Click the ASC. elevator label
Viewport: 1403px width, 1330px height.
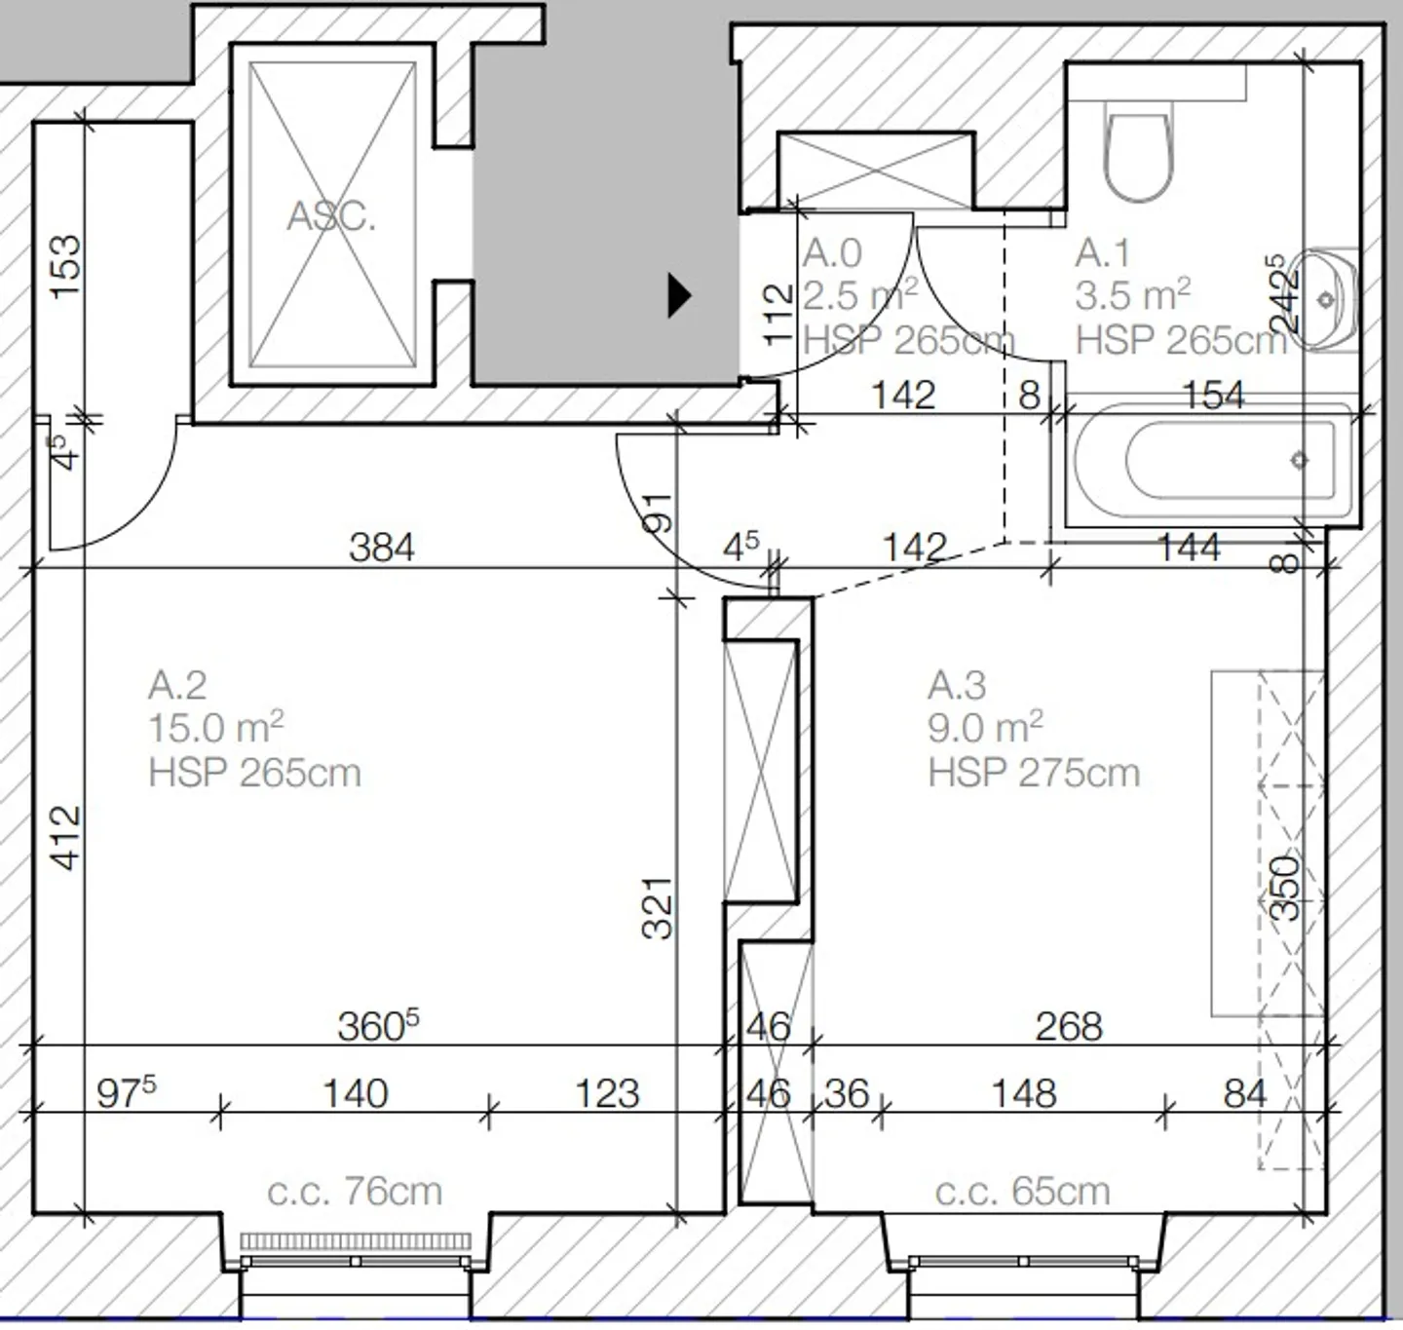tap(330, 215)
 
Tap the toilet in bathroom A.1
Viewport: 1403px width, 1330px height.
tap(1138, 156)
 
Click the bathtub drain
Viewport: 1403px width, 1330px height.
tap(1299, 460)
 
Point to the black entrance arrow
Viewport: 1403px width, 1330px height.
tap(678, 294)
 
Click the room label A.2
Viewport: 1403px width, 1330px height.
tap(177, 685)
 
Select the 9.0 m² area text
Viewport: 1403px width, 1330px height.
tap(984, 728)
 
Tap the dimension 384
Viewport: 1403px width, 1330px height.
tap(381, 548)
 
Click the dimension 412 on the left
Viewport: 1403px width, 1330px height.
tap(66, 836)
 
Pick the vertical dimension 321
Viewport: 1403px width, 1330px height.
tap(659, 907)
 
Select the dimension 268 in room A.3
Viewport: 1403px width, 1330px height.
tap(1068, 1026)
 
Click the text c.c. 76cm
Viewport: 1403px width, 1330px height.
tap(355, 1191)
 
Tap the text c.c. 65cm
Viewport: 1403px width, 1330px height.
tap(1022, 1191)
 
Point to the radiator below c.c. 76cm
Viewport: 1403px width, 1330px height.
tap(356, 1241)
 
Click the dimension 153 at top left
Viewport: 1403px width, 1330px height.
tap(66, 266)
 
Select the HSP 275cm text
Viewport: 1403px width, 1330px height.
tap(1033, 773)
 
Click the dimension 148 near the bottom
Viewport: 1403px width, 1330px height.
tap(1023, 1093)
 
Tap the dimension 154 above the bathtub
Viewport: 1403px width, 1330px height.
tap(1213, 395)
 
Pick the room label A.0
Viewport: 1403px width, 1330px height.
tap(832, 253)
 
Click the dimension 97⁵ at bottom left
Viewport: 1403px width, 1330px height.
tap(126, 1092)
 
